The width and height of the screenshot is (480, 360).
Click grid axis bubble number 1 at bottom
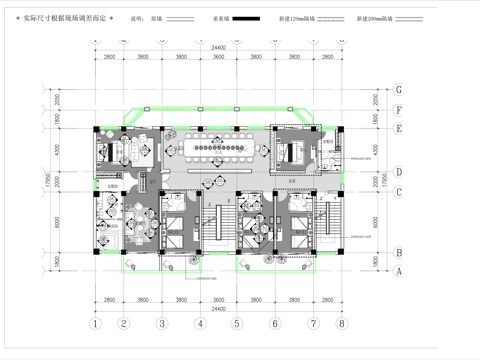click(x=95, y=324)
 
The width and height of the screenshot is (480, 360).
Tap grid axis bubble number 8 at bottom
click(x=341, y=324)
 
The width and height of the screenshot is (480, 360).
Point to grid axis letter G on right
click(x=399, y=88)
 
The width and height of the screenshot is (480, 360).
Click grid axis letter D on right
click(x=399, y=171)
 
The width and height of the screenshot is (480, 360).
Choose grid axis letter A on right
click(x=399, y=271)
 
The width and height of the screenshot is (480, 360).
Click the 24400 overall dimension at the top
click(x=218, y=48)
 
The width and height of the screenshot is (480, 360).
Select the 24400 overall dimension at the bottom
click(x=218, y=309)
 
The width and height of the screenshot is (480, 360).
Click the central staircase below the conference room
click(x=217, y=225)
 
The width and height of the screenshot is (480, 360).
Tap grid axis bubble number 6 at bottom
click(x=273, y=324)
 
